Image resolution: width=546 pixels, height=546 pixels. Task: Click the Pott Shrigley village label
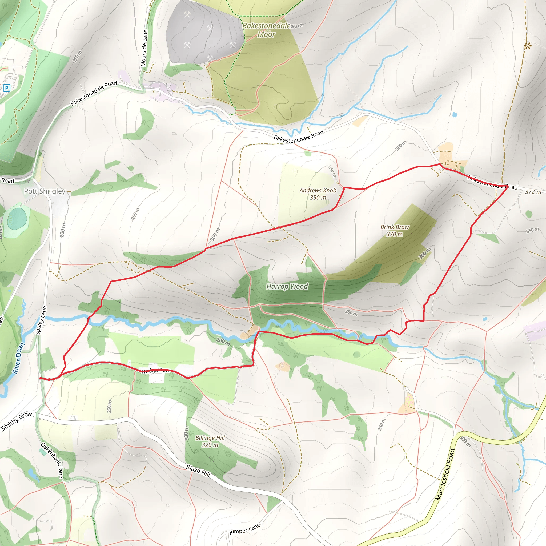[45, 191]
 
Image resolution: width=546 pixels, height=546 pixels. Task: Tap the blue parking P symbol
[6, 88]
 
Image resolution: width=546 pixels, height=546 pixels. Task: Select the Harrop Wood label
[287, 287]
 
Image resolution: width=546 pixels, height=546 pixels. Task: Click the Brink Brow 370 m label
[395, 231]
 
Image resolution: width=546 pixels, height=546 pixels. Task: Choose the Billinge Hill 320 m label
[210, 441]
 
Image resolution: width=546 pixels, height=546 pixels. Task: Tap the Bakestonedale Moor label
[266, 30]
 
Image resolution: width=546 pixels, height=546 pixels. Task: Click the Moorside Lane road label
[144, 48]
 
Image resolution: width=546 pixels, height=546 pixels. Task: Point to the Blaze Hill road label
[198, 471]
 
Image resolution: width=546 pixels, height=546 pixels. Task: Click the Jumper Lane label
[244, 529]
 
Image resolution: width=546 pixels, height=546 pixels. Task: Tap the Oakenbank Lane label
[52, 460]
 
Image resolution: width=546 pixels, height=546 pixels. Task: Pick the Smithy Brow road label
[16, 421]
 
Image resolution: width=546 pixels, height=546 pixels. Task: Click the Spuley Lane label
[41, 320]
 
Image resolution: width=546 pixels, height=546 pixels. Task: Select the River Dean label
[19, 358]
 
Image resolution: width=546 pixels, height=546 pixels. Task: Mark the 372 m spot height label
[533, 192]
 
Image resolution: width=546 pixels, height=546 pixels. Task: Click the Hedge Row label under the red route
[155, 371]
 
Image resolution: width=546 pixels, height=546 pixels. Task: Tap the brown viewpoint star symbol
[527, 46]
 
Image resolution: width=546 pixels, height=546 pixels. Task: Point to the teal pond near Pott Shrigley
[17, 219]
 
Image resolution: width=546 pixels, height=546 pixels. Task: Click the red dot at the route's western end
[41, 378]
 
